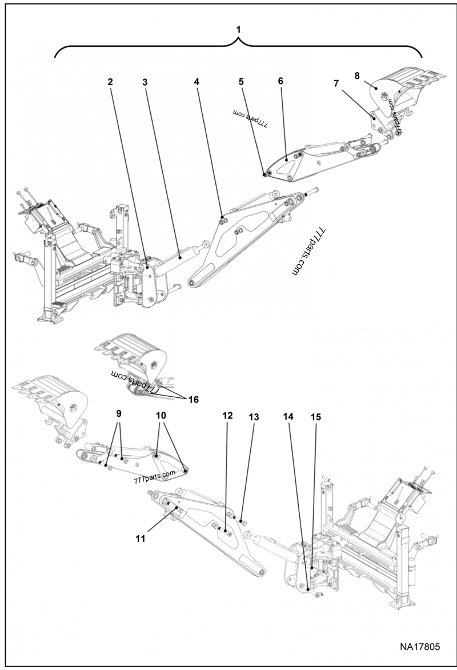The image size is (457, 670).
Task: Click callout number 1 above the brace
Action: click(x=239, y=29)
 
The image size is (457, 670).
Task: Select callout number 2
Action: click(x=110, y=82)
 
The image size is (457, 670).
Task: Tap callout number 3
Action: click(x=145, y=82)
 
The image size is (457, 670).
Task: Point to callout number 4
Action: click(x=197, y=82)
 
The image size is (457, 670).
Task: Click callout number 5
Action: click(x=241, y=81)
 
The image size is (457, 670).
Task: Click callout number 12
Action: click(x=227, y=416)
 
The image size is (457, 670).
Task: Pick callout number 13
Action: click(x=254, y=417)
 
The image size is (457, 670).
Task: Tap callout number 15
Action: click(x=315, y=417)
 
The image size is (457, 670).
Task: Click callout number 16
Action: click(x=193, y=399)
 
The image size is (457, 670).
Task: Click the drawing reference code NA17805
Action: click(x=419, y=647)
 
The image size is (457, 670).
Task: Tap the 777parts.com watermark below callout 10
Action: click(x=155, y=476)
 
